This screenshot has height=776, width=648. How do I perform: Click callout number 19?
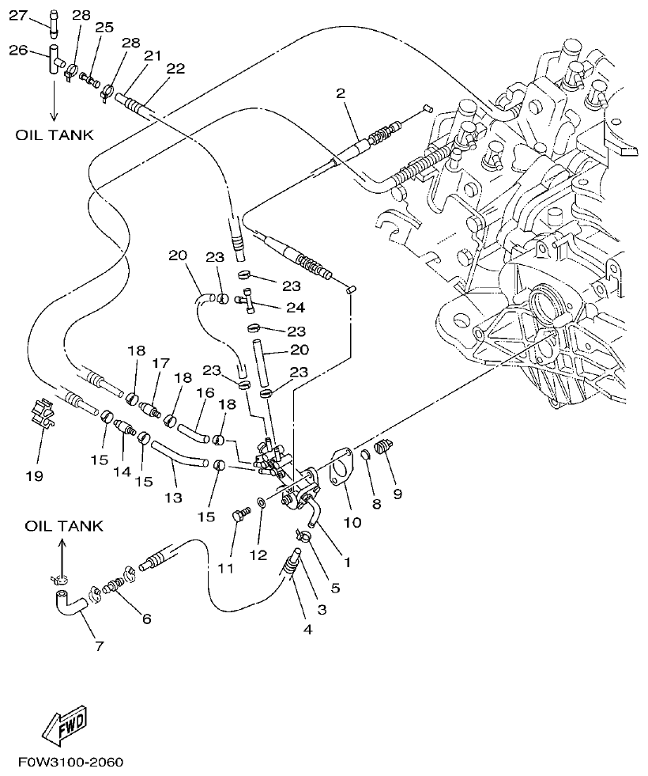tap(34, 475)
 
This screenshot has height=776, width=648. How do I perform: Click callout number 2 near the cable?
tap(341, 93)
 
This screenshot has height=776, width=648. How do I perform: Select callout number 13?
tap(173, 498)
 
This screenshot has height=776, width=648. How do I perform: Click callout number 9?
tap(397, 494)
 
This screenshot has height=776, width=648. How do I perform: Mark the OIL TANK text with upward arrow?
tap(63, 525)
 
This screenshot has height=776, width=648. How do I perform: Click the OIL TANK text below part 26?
tap(55, 135)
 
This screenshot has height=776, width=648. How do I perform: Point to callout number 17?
tap(161, 362)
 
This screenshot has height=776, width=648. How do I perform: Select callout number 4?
tap(307, 630)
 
